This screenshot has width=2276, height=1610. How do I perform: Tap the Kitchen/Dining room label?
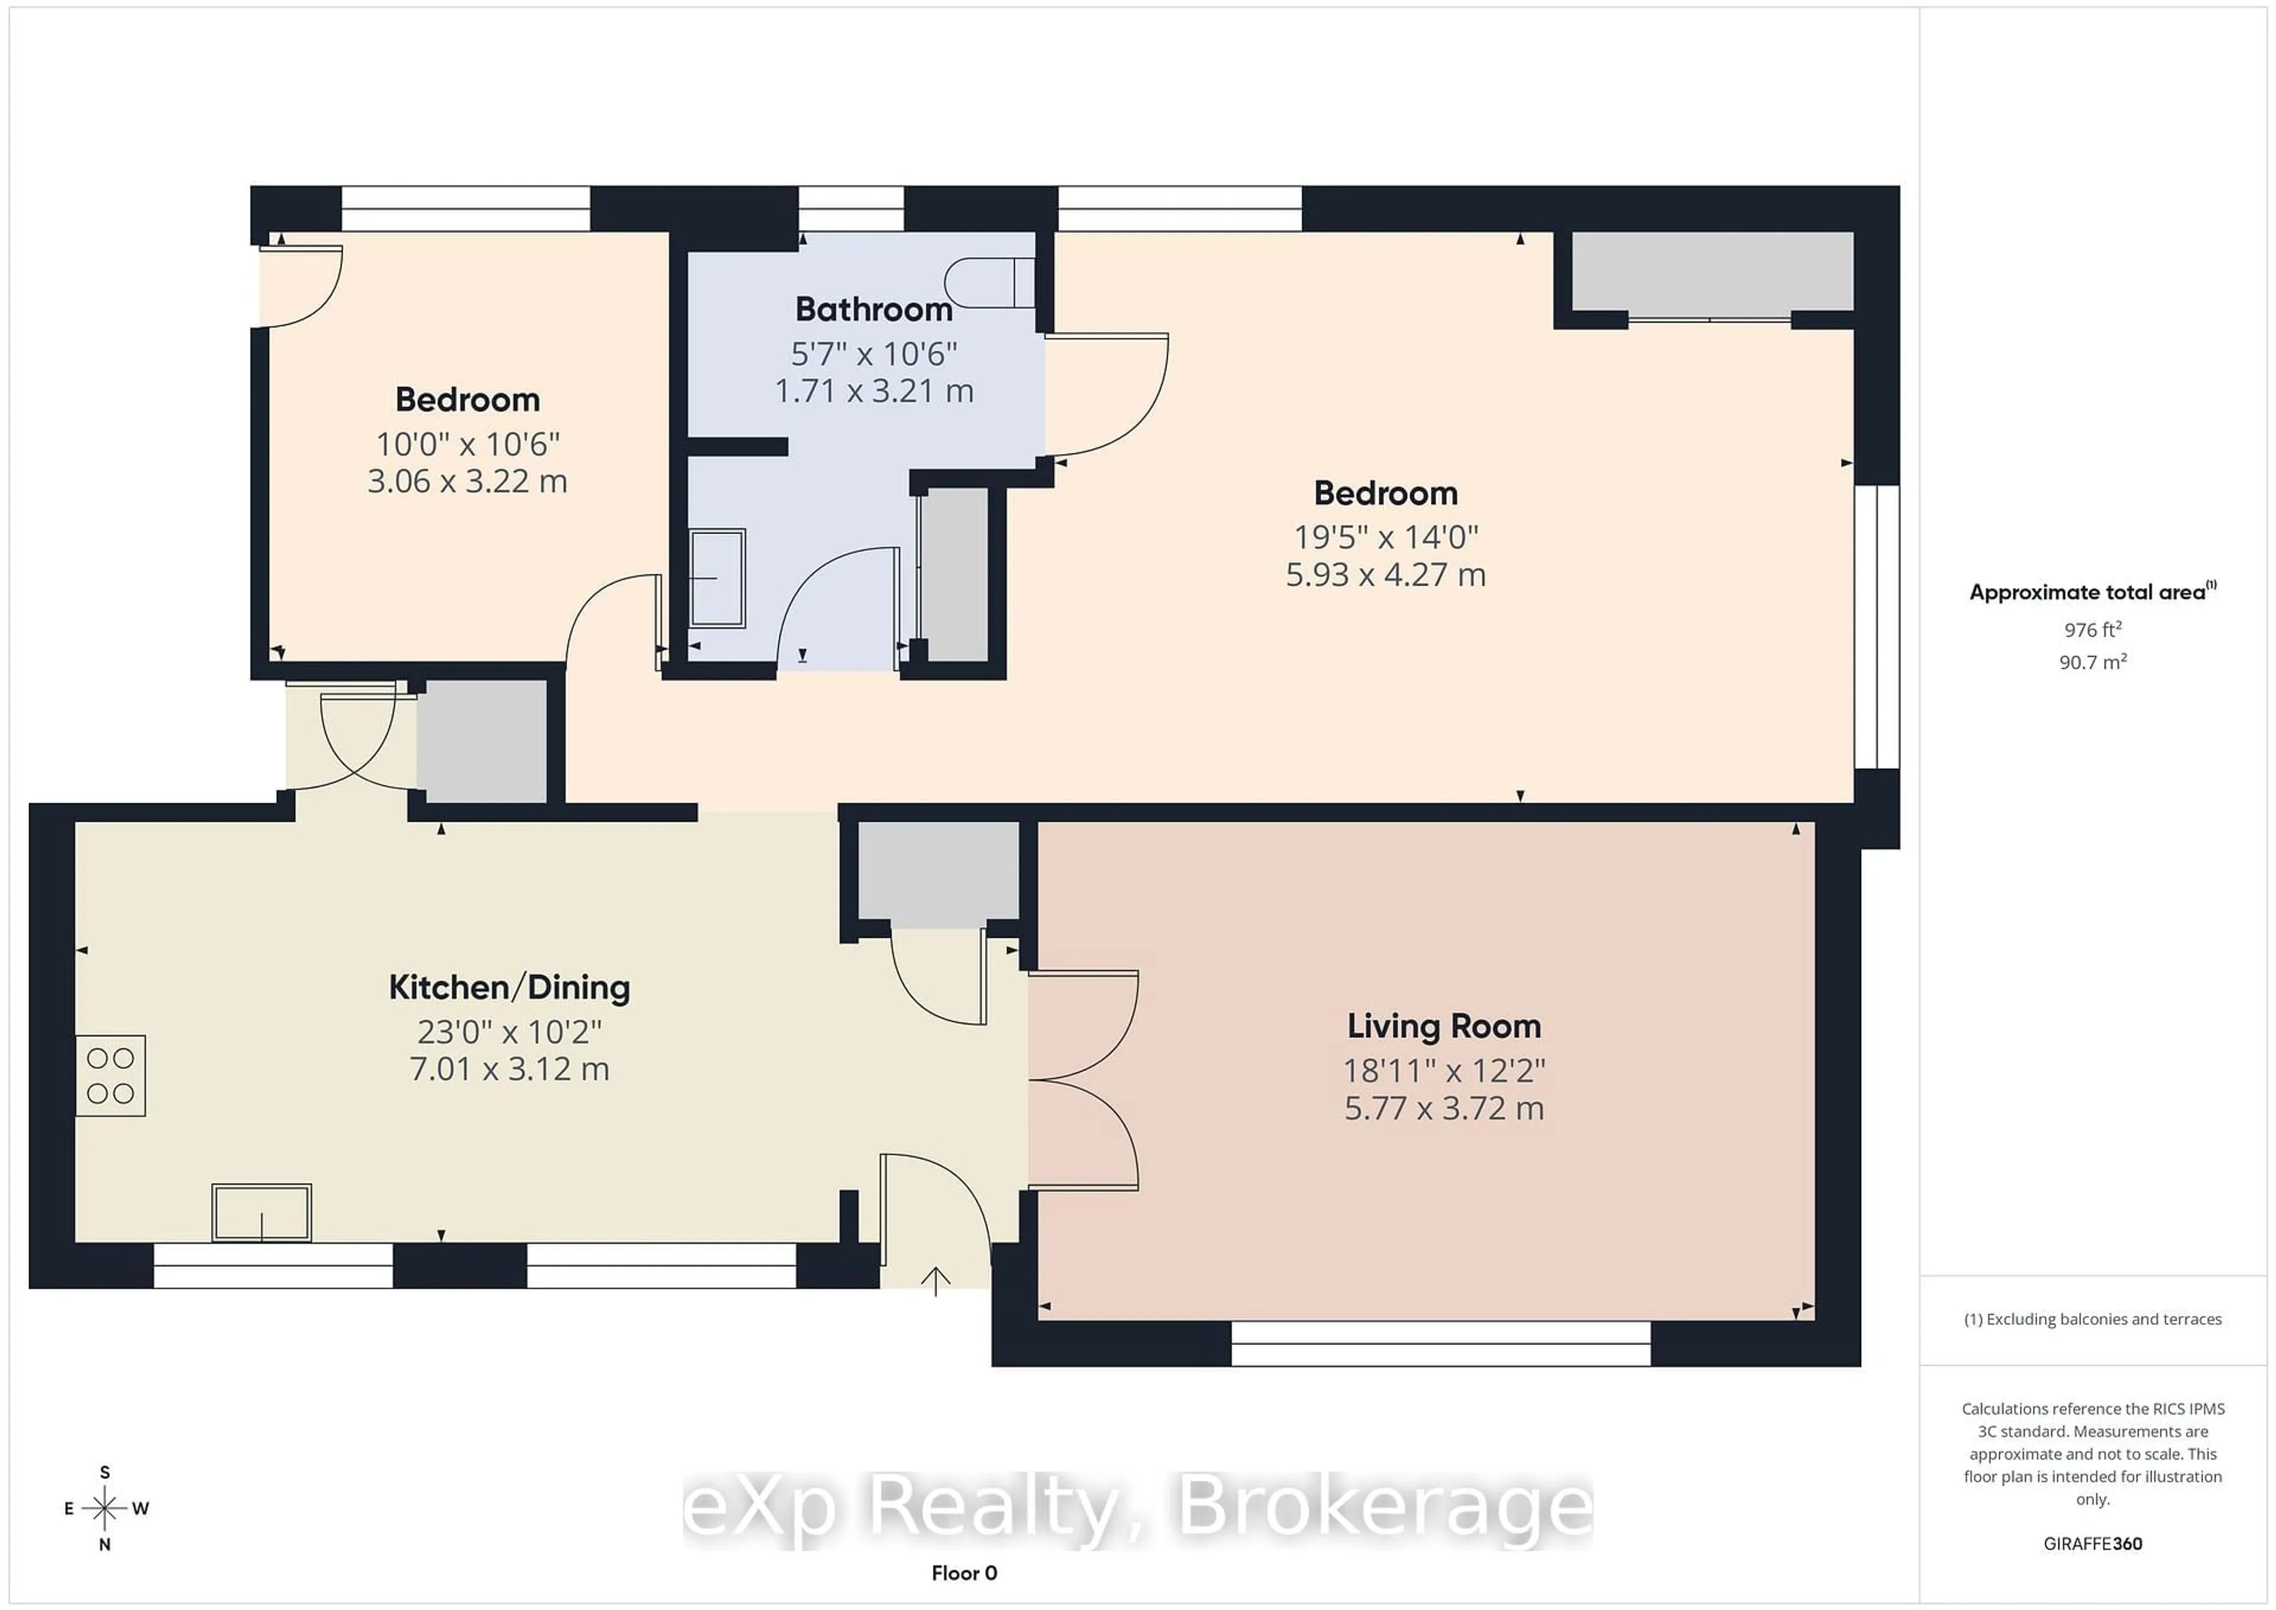pos(510,988)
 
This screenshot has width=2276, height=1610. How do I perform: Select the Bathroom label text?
pos(873,309)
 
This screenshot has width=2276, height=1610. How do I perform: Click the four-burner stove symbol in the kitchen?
pos(111,1076)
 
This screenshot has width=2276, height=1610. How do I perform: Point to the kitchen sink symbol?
pos(262,1212)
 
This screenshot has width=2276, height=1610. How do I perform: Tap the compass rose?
pos(105,1508)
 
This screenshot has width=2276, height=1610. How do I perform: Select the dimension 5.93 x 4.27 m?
pos(1385,575)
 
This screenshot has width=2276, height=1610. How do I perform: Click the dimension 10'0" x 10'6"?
pos(468,444)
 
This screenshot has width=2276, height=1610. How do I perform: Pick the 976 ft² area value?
pos(2093,630)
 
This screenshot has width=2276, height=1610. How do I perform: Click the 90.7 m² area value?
pos(2093,662)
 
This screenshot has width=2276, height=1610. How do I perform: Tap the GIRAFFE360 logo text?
pos(2093,1544)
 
